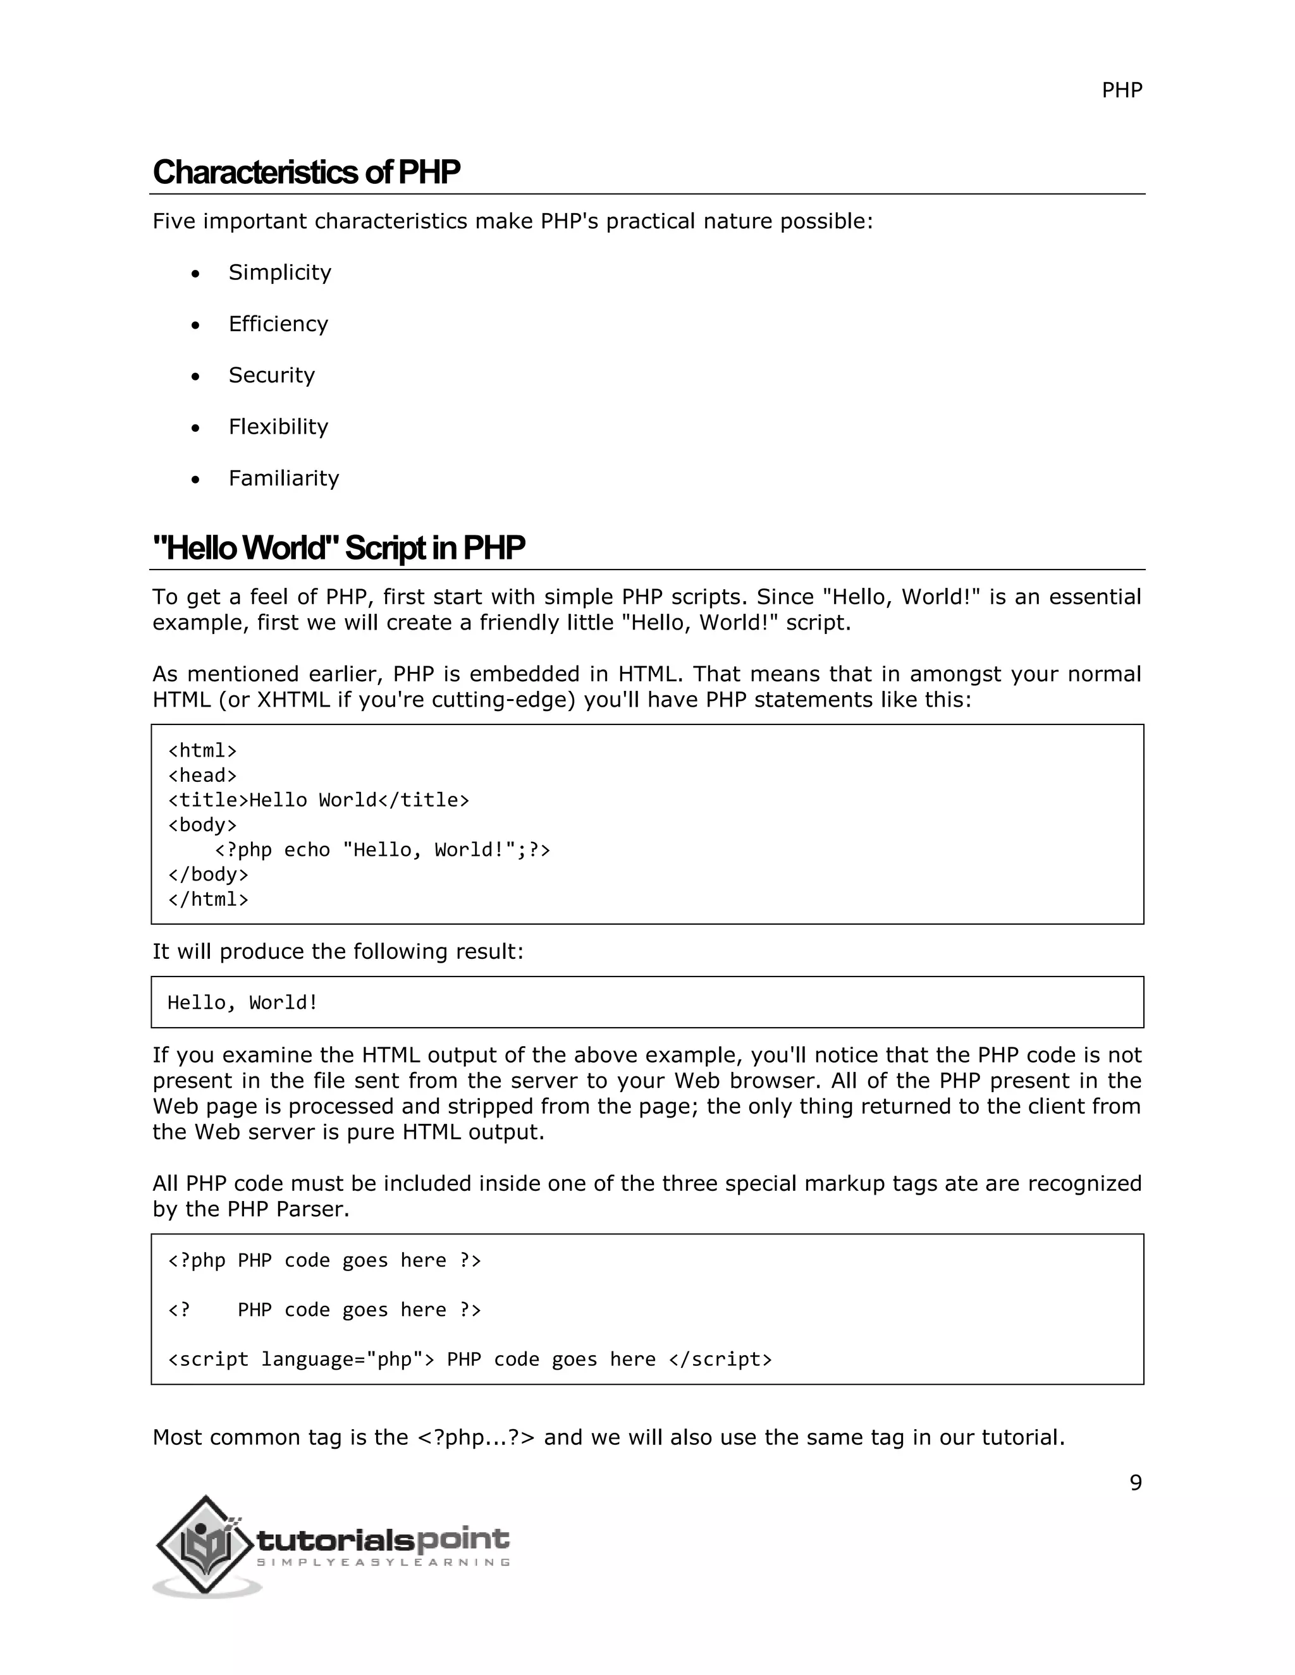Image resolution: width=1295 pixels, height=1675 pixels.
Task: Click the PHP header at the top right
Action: (1121, 90)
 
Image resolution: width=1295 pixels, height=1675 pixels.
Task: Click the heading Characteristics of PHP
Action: (306, 173)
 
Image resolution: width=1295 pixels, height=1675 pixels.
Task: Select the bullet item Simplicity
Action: (279, 272)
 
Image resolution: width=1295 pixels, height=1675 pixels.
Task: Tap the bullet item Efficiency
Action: (278, 324)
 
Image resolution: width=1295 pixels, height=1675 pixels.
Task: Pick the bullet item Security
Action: (271, 375)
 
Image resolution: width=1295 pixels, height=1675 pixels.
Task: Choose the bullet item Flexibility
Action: (278, 427)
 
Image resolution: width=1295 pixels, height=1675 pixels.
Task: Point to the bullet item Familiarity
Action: (283, 478)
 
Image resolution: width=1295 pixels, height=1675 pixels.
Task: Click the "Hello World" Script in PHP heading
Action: (338, 549)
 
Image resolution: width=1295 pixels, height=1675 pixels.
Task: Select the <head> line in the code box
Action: (202, 776)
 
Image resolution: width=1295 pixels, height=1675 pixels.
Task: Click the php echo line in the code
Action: (382, 850)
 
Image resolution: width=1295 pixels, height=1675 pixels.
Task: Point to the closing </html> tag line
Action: (208, 899)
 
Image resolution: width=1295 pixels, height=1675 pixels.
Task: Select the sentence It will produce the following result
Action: (338, 952)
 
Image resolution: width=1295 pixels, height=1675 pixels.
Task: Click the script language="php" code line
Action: (470, 1359)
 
